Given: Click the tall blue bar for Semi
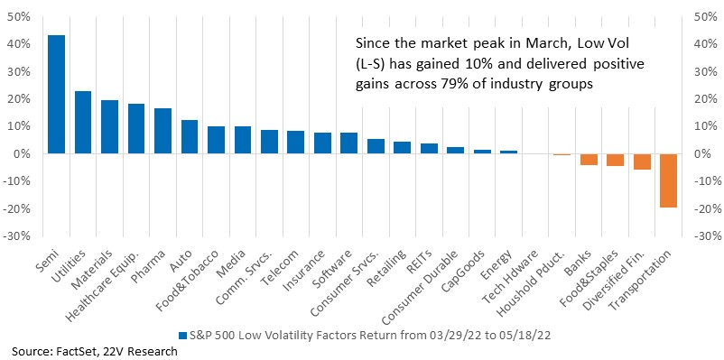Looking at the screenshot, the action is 56,94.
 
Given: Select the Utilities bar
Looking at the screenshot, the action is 83,123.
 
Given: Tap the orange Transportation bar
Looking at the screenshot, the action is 669,181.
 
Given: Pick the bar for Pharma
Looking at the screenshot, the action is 162,131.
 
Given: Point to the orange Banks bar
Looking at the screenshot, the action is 589,159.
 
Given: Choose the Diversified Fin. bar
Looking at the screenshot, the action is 642,162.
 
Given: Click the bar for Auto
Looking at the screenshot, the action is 190,136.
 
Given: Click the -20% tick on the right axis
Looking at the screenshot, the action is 705,209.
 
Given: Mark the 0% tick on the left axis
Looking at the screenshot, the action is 23,154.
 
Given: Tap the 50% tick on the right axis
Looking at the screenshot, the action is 705,17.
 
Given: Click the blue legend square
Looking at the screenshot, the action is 182,334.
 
